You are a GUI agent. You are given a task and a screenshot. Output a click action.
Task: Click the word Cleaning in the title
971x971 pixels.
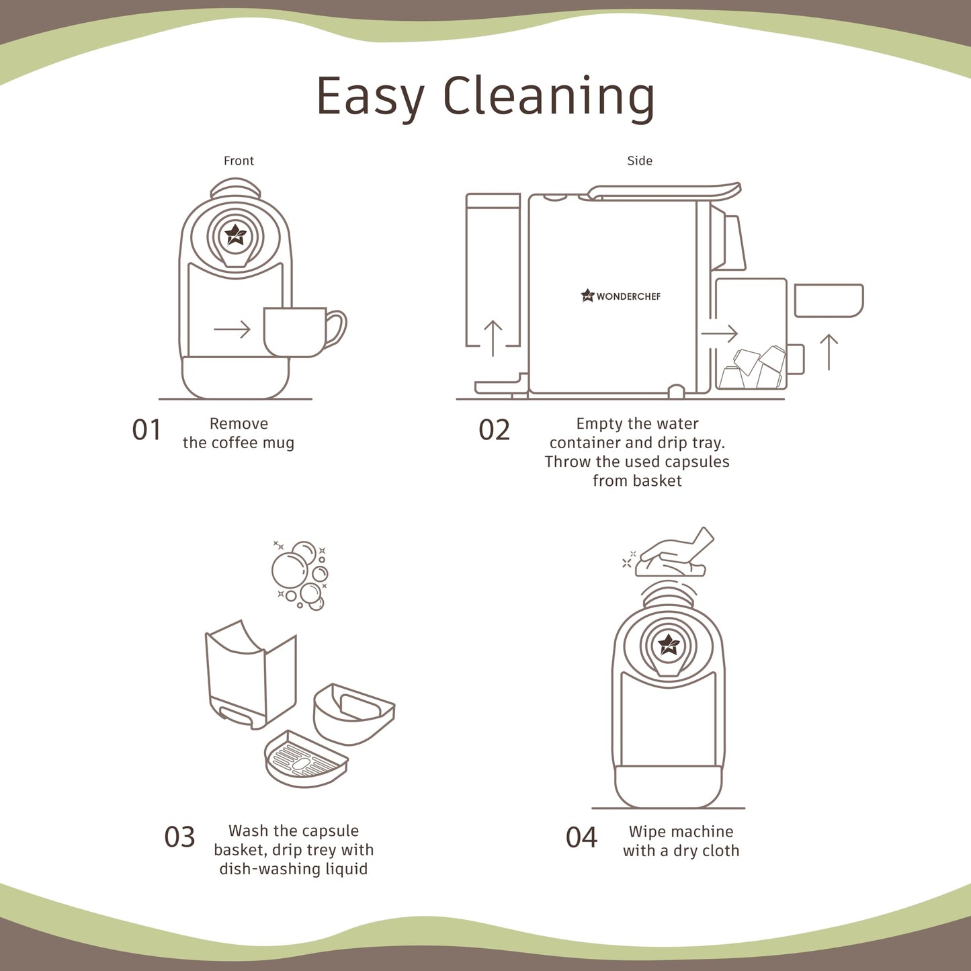tap(549, 97)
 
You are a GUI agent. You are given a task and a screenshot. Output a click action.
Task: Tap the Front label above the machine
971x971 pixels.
tap(239, 161)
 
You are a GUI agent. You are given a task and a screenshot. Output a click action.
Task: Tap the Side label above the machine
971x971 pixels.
tap(640, 161)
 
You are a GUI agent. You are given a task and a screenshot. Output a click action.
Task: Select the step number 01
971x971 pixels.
tap(146, 430)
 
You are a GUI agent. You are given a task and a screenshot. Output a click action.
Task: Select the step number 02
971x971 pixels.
tap(495, 430)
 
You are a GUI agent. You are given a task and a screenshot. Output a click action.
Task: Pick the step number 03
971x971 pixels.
tap(179, 837)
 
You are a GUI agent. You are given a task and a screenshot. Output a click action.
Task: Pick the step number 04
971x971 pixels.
tap(581, 837)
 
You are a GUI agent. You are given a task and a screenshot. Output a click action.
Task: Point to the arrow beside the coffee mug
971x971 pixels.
tap(233, 329)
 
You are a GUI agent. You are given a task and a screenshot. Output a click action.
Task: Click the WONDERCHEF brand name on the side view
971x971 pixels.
tap(628, 297)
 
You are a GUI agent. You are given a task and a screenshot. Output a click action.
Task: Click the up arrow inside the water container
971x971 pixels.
tap(493, 338)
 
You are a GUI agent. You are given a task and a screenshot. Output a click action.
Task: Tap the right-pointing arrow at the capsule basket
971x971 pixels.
tap(720, 333)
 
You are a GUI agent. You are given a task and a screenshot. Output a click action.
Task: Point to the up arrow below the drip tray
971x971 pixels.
tap(829, 352)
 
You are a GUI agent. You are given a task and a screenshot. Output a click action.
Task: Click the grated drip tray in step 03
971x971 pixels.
tap(306, 759)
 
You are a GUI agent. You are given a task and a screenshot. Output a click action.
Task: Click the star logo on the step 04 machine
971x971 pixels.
tap(669, 644)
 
